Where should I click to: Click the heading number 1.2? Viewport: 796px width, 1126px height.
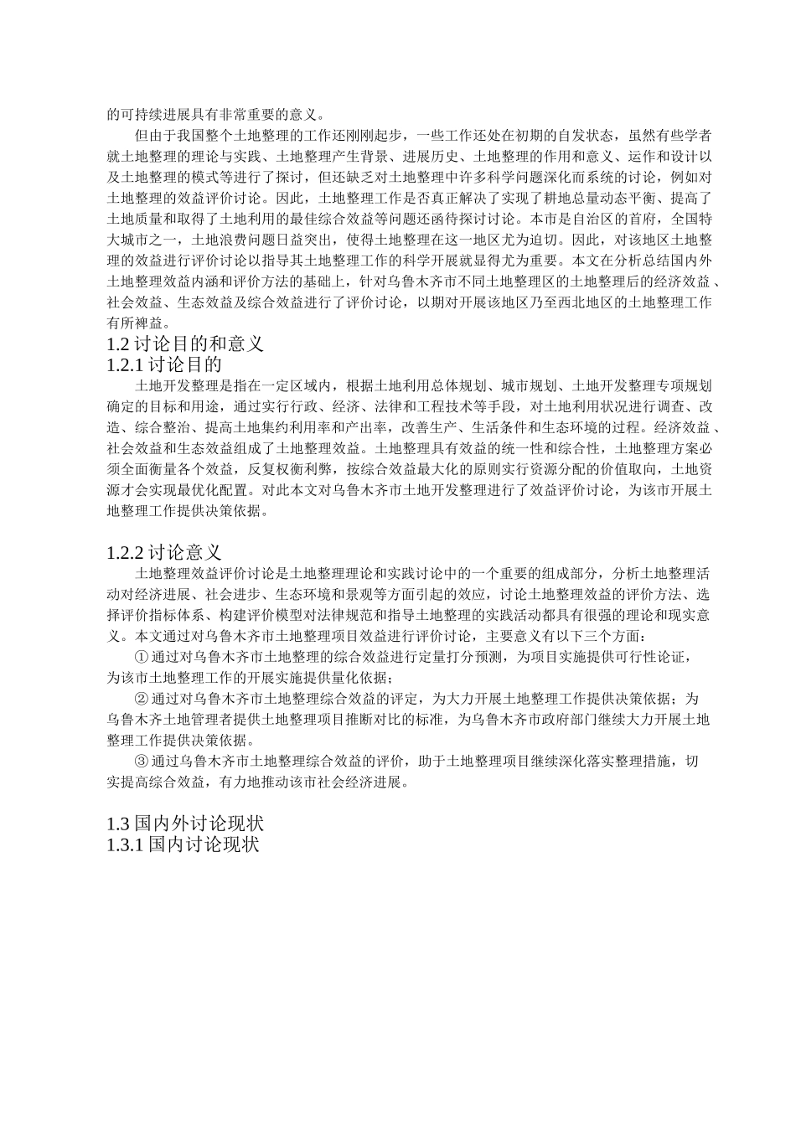pos(119,343)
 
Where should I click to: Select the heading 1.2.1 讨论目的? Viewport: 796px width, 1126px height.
pos(164,364)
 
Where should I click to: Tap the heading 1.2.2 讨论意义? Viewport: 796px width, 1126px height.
pos(164,552)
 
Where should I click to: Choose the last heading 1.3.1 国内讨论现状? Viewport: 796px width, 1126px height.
pos(183,844)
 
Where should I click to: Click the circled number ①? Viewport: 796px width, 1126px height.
pos(141,657)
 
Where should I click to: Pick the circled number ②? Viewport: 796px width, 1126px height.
pos(141,698)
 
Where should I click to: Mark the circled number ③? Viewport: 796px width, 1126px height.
pos(141,761)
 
